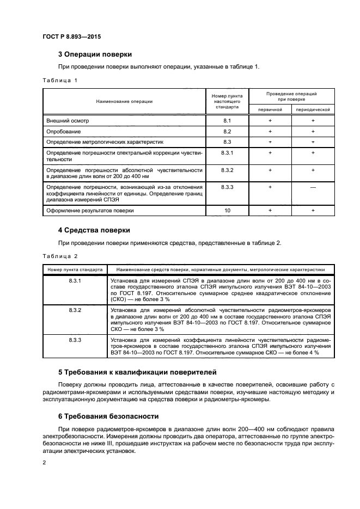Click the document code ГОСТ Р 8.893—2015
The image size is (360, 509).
pyautogui.click(x=71, y=36)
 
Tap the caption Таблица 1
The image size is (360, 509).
pyautogui.click(x=60, y=81)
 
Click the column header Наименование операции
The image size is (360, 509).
pyautogui.click(x=124, y=101)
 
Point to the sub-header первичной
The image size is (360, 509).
pyautogui.click(x=270, y=109)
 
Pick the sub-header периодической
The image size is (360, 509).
pyautogui.click(x=313, y=109)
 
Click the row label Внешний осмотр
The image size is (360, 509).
pyautogui.click(x=67, y=120)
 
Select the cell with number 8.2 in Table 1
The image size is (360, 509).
pyautogui.click(x=227, y=132)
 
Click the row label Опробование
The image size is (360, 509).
pyautogui.click(x=64, y=132)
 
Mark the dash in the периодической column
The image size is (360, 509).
pyautogui.click(x=313, y=187)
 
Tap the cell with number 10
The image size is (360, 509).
pyautogui.click(x=227, y=210)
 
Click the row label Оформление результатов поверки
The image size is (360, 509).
pyautogui.click(x=90, y=210)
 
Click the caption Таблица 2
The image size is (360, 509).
pyautogui.click(x=60, y=256)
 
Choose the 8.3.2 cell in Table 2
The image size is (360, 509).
pyautogui.click(x=75, y=310)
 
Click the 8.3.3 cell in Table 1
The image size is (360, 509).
pyautogui.click(x=227, y=187)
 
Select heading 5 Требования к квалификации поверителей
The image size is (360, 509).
pyautogui.click(x=137, y=372)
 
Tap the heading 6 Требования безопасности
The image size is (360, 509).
pyautogui.click(x=108, y=416)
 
